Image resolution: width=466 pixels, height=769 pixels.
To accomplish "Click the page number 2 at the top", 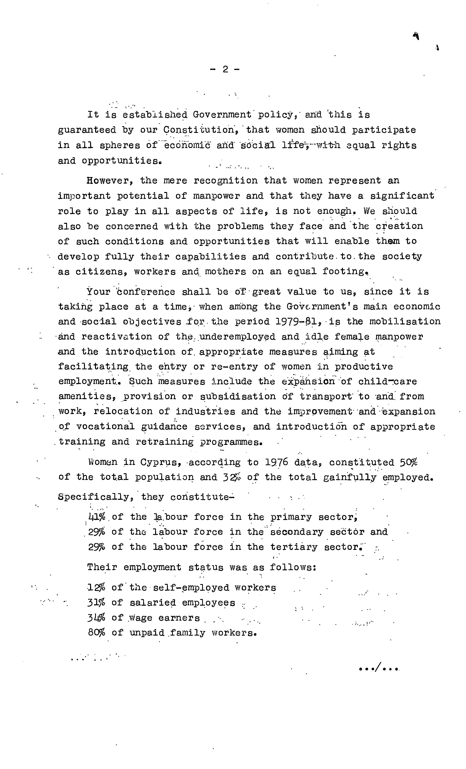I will (225, 69).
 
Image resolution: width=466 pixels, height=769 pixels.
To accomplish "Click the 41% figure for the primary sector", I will (97, 517).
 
